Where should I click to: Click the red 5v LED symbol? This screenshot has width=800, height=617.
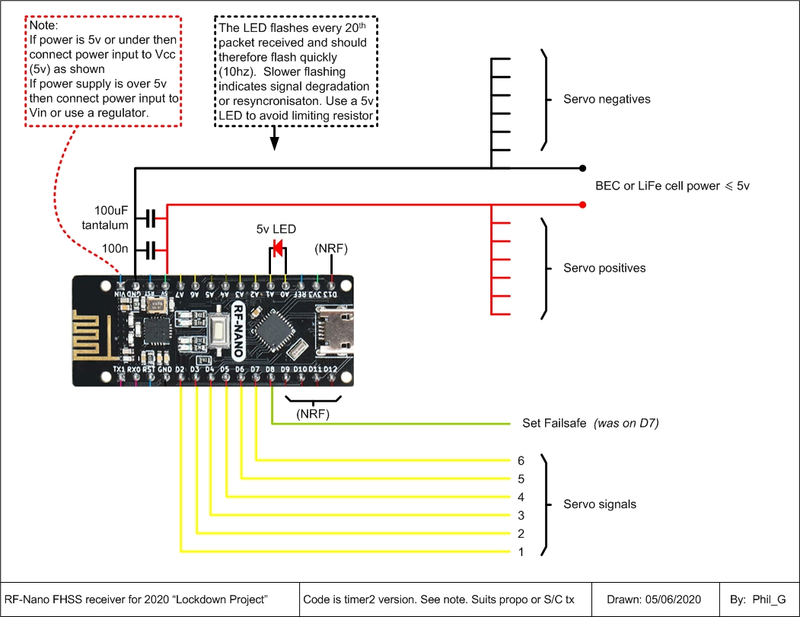pyautogui.click(x=278, y=247)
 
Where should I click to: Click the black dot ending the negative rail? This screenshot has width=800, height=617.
pyautogui.click(x=582, y=167)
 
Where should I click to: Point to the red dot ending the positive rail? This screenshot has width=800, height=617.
pyautogui.click(x=582, y=205)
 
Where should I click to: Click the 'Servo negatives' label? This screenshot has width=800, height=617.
pyautogui.click(x=607, y=100)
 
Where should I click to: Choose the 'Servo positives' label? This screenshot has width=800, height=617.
pyautogui.click(x=604, y=268)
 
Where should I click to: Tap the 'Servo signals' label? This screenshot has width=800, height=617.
pyautogui.click(x=600, y=504)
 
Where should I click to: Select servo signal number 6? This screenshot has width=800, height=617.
pyautogui.click(x=521, y=460)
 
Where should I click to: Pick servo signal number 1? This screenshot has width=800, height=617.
pyautogui.click(x=521, y=552)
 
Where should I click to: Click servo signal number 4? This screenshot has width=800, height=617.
pyautogui.click(x=521, y=497)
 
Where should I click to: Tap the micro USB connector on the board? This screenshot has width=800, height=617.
pyautogui.click(x=336, y=330)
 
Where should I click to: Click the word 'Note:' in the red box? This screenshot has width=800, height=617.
pyautogui.click(x=44, y=25)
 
